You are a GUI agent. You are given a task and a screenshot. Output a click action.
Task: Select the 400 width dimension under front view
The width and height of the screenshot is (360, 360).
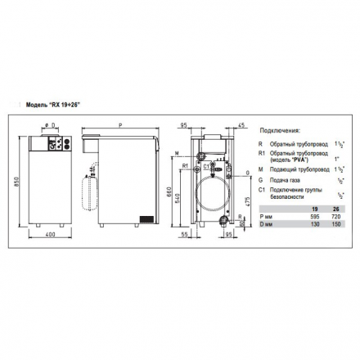point(49,236)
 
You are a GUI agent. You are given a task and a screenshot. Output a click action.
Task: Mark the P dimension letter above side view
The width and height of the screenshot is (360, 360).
point(120,126)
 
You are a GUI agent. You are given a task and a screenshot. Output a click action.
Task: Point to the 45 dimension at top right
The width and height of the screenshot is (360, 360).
point(242,125)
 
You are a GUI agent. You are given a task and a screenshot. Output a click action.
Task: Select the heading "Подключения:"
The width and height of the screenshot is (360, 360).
point(279,130)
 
